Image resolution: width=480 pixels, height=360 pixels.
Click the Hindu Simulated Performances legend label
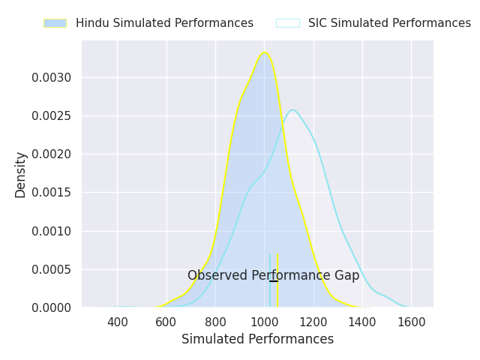coord(164,23)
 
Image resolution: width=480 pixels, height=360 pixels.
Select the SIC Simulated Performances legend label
coord(389,23)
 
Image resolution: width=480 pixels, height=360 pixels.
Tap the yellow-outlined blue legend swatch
coord(55,23)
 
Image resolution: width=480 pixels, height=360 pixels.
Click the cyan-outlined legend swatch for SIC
coord(287,23)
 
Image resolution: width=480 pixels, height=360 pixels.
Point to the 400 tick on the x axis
coord(117,322)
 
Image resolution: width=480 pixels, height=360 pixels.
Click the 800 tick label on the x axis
coord(215,322)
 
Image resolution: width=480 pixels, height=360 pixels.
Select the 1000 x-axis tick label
coord(264,322)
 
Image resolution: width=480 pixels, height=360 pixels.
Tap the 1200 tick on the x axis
coord(313,322)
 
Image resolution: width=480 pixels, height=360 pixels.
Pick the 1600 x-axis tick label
coord(411,322)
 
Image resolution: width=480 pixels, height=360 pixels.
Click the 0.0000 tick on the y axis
coord(51,307)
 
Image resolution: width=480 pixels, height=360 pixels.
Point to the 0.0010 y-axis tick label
coord(51,231)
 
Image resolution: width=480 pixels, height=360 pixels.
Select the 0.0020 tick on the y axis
coord(51,154)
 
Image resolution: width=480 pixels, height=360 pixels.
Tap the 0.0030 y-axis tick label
coord(51,77)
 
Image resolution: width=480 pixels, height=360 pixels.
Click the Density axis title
coord(21,174)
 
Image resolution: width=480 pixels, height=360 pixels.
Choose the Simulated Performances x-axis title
coord(257,339)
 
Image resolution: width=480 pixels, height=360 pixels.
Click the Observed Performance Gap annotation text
coord(273,275)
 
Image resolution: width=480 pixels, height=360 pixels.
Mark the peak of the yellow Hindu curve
coord(264,52)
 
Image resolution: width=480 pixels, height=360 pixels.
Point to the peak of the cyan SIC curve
coord(292,109)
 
